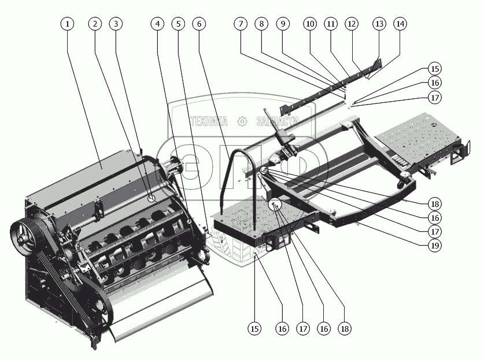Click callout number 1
tap(68, 24)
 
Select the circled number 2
tap(95, 24)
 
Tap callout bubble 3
tap(117, 24)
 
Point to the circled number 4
tap(157, 24)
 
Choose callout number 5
tap(179, 24)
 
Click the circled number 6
tap(199, 24)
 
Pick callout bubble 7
tap(241, 24)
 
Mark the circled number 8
tap(262, 24)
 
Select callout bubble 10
tap(310, 24)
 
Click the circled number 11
tap(330, 24)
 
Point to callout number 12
tap(350, 24)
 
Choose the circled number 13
tap(379, 24)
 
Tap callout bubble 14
tap(400, 24)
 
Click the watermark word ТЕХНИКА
tap(208, 121)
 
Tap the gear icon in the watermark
tap(242, 121)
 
